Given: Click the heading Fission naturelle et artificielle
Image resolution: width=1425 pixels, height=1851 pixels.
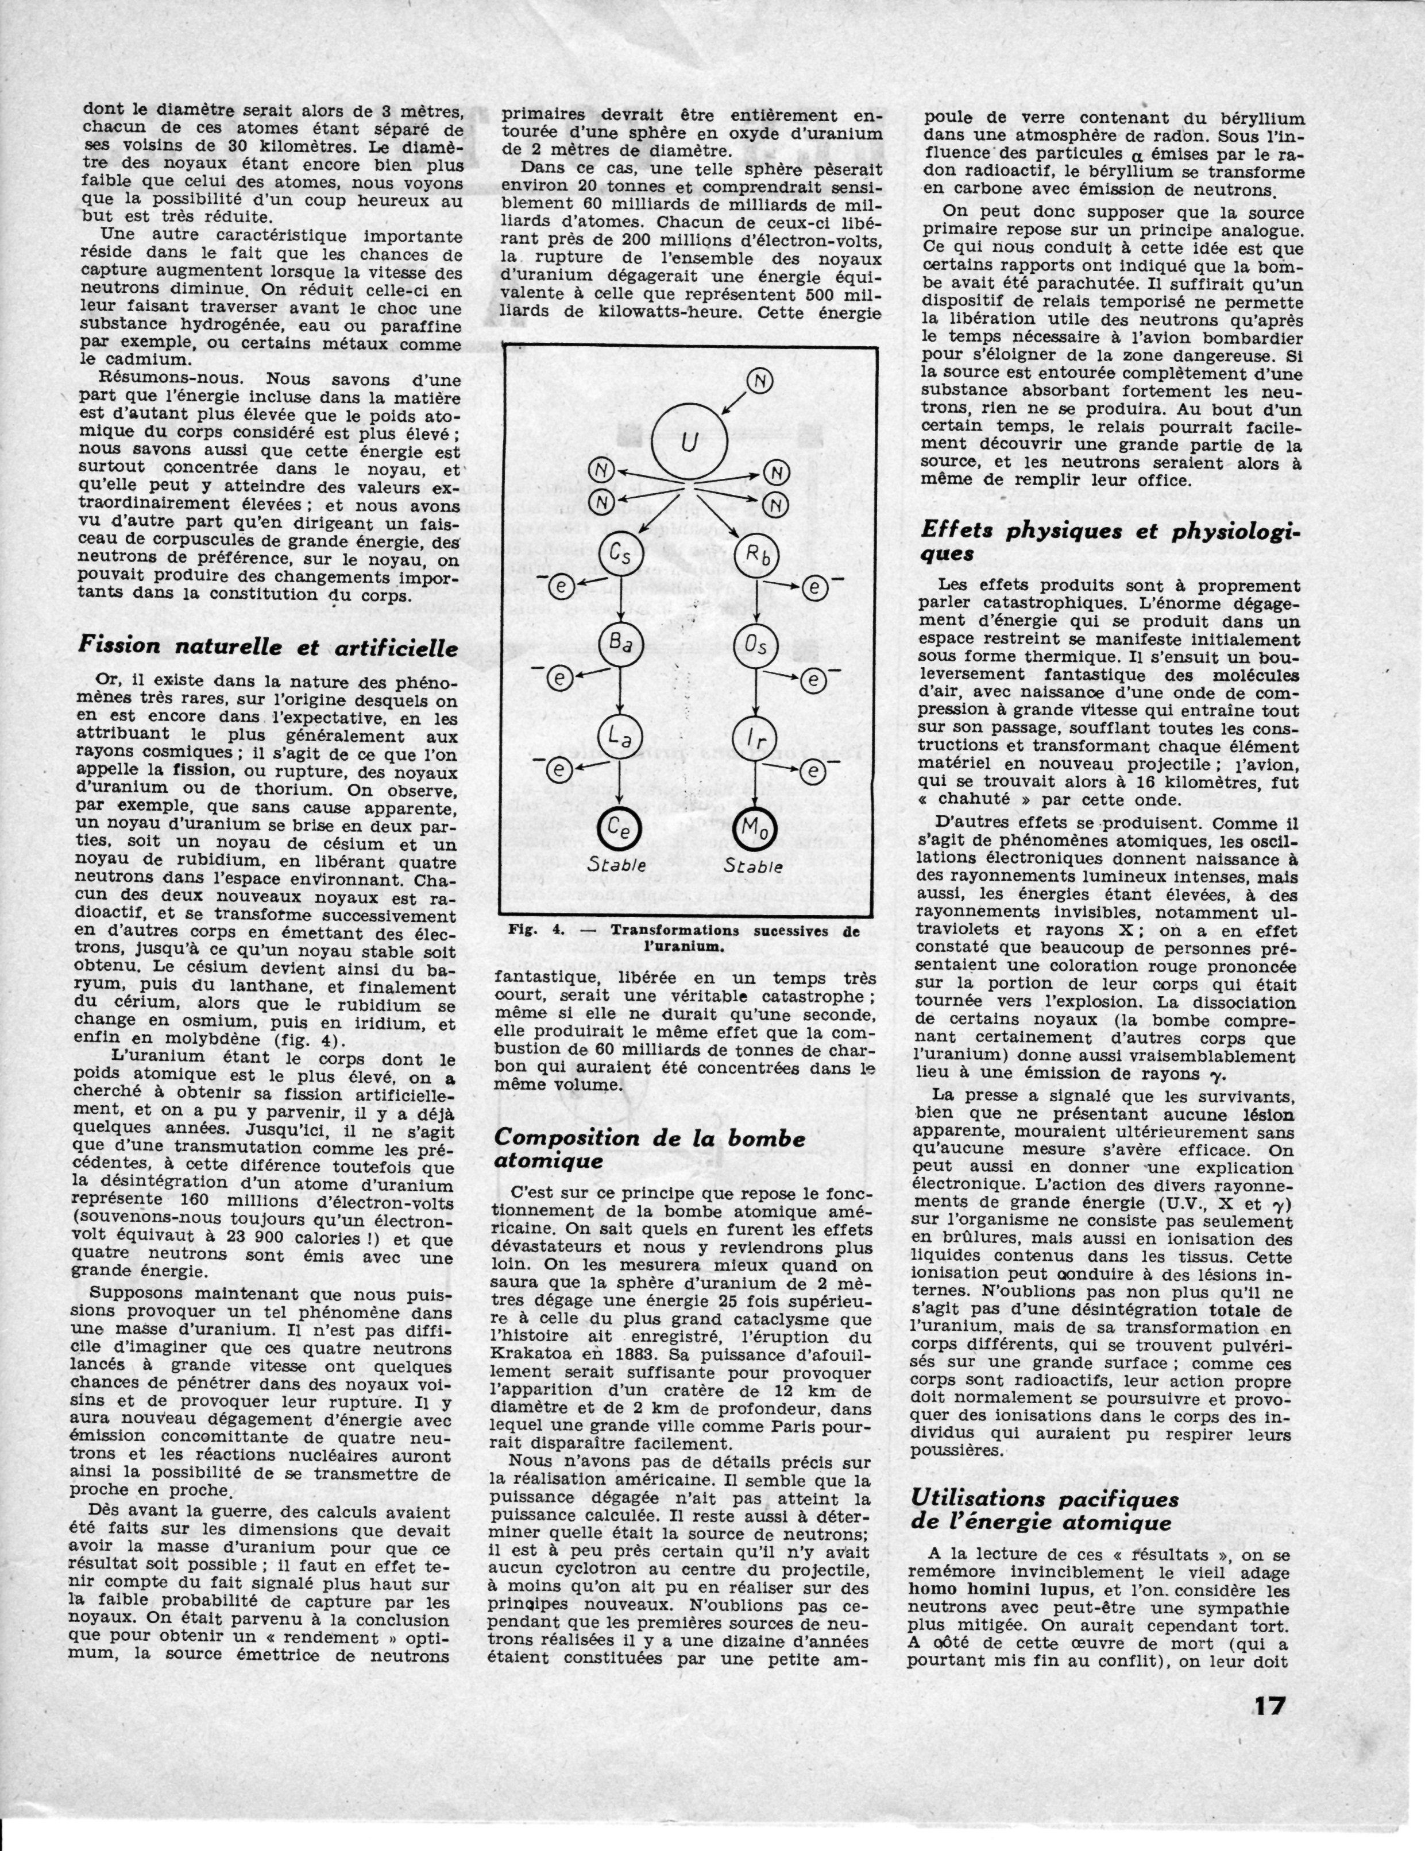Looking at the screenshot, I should click(268, 646).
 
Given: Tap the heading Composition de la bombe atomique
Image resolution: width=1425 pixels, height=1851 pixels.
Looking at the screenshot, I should click(650, 1149).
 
